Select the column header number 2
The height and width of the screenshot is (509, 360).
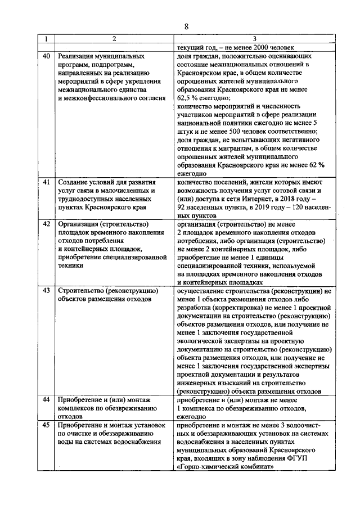pyautogui.click(x=114, y=39)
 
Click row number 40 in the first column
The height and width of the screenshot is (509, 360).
pyautogui.click(x=47, y=57)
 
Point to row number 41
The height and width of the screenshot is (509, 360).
pyautogui.click(x=47, y=183)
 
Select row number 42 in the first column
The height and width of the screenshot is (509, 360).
pyautogui.click(x=47, y=224)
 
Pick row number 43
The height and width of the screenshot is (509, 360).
pyautogui.click(x=47, y=291)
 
